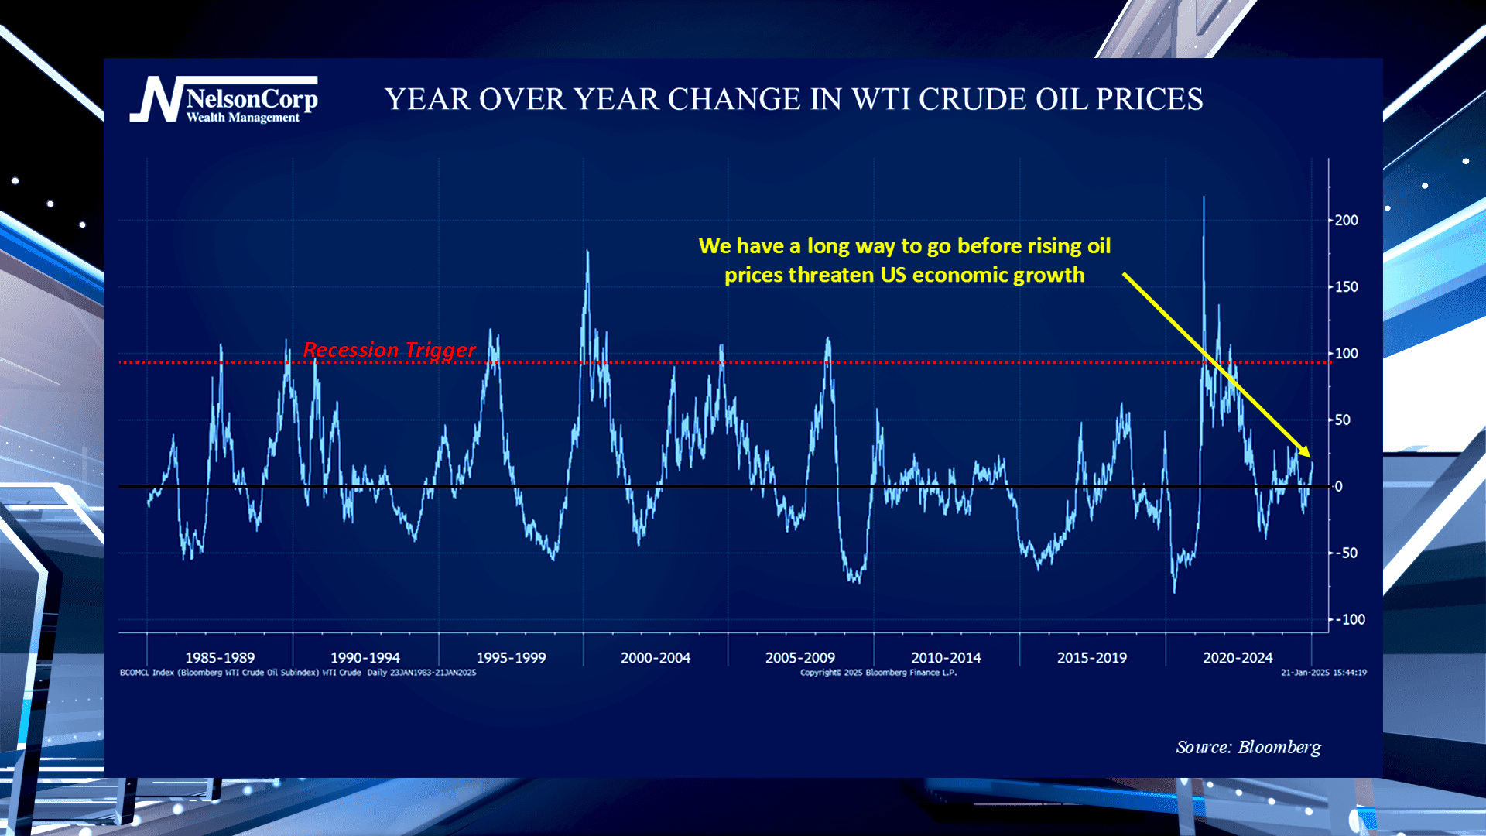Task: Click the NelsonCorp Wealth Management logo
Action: pos(224,100)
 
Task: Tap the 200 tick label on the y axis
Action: pos(1346,221)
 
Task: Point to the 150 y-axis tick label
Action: pos(1346,287)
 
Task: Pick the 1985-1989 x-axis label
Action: pos(220,658)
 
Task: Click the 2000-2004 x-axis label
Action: pos(656,658)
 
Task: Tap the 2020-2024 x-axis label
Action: pos(1238,658)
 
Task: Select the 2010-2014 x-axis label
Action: pos(946,658)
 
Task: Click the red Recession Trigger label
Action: pos(389,350)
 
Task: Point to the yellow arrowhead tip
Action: pos(1310,457)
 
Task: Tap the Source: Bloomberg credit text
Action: pos(1248,747)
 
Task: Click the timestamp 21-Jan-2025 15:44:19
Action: pos(1323,673)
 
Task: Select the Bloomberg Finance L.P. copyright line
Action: pos(878,673)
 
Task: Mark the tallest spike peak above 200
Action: pos(1204,197)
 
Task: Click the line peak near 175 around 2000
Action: pos(587,251)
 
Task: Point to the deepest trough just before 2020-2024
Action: pos(1174,592)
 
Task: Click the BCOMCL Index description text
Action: pos(298,673)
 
